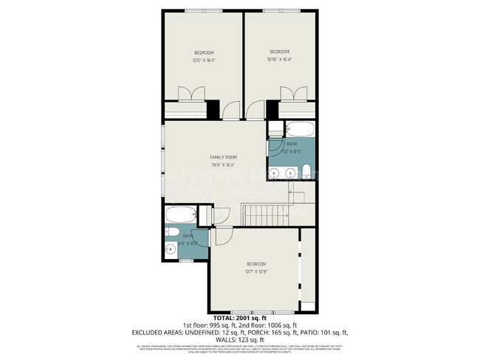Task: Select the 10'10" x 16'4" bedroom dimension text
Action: tap(280, 59)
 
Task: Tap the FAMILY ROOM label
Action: tap(223, 157)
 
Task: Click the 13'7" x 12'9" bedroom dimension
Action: tap(256, 271)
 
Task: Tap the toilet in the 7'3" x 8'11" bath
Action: tap(306, 173)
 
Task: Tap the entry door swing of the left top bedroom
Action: tap(232, 110)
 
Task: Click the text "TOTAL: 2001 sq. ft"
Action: tap(239, 318)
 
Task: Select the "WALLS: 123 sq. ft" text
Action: tap(239, 339)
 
